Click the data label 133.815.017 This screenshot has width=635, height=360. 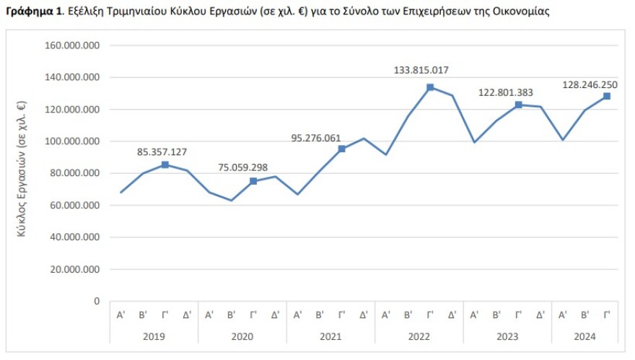coord(421,71)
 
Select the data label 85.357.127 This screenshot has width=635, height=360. coord(162,152)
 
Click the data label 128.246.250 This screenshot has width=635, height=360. coord(590,84)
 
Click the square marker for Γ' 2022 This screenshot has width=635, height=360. coord(430,87)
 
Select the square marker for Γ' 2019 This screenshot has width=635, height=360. coord(165,164)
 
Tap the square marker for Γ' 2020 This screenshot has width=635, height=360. coord(253,181)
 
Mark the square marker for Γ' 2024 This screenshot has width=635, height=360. coord(607,96)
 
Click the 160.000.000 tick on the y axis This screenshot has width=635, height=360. coord(71,45)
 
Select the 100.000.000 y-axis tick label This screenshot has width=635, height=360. coord(71,141)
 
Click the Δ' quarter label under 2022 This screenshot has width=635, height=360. coord(452,315)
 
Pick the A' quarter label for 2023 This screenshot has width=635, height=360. coord(474,315)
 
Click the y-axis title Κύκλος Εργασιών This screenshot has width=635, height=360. coord(22,174)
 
